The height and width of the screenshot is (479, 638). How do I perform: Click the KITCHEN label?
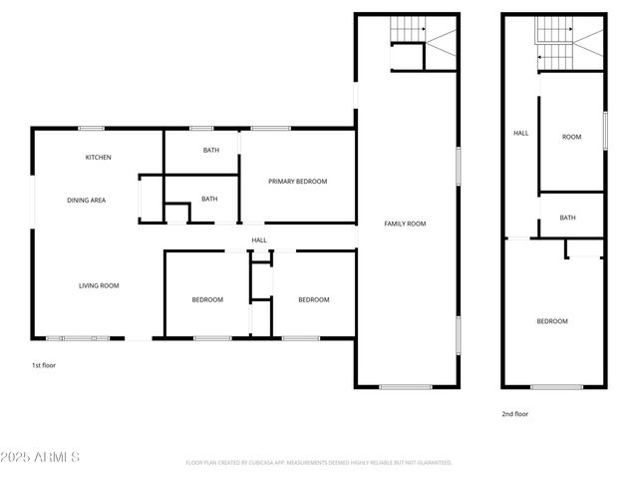click(x=98, y=158)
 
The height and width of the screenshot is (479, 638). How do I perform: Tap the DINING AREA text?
click(x=87, y=201)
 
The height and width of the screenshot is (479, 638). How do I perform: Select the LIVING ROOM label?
click(x=99, y=286)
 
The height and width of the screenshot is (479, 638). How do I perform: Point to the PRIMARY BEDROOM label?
click(x=298, y=182)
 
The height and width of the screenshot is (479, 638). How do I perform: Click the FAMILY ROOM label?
click(x=405, y=224)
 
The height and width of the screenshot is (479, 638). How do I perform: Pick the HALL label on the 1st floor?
click(x=259, y=240)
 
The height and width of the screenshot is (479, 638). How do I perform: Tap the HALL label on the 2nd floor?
click(x=520, y=134)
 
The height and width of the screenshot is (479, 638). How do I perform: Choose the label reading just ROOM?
click(x=571, y=138)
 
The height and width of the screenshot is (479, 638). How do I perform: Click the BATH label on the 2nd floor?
click(x=567, y=218)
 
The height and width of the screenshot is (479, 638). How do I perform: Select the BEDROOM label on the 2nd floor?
click(x=552, y=321)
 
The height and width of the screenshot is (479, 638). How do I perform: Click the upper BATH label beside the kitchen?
click(x=211, y=151)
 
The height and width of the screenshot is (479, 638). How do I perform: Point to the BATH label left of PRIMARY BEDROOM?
click(x=209, y=199)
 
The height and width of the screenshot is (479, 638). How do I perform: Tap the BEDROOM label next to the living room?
click(x=207, y=300)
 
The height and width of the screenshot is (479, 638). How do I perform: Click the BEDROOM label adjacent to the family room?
click(x=314, y=300)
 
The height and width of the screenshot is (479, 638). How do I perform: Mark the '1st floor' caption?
click(x=43, y=366)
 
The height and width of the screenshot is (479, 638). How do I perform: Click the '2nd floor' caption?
click(x=514, y=414)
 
